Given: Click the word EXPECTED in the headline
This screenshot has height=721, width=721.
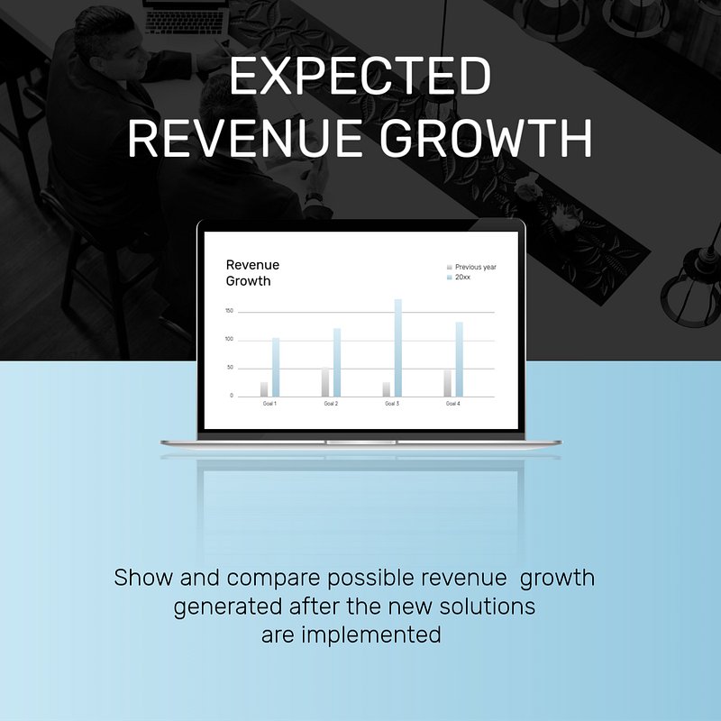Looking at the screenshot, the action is click(360, 76).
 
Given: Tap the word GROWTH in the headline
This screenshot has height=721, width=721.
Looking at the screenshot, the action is click(486, 138).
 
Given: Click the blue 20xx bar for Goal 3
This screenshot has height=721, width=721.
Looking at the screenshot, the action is click(397, 348).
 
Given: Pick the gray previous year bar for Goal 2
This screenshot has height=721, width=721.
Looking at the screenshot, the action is click(325, 381).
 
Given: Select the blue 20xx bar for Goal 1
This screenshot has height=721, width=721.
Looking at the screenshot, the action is click(276, 367).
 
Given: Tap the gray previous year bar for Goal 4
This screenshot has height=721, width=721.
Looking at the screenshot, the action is click(447, 383).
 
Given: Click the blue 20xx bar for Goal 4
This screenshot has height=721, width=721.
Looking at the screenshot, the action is click(459, 359).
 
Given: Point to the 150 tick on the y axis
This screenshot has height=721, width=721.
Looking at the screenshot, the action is click(229, 311).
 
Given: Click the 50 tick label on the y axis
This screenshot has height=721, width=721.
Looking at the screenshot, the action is click(230, 368).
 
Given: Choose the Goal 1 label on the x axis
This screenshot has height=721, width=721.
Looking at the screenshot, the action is click(269, 403).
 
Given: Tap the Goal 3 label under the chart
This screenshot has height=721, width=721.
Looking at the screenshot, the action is click(392, 403).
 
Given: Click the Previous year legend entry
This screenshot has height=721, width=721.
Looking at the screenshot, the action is click(471, 267).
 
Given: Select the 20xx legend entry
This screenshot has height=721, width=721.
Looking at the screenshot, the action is click(459, 278).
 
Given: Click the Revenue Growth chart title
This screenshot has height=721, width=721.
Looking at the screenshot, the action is click(252, 273).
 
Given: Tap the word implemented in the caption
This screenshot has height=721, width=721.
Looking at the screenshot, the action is click(371, 635).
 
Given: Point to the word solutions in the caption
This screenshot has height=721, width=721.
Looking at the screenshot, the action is click(488, 606).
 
